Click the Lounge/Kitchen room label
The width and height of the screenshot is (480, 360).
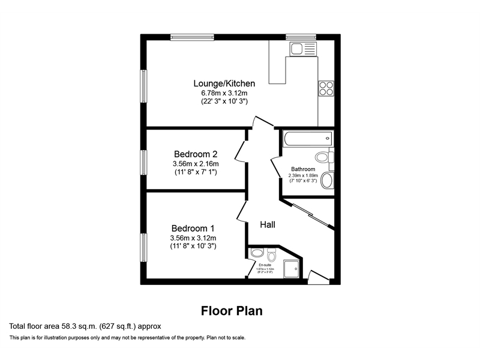pyautogui.click(x=224, y=83)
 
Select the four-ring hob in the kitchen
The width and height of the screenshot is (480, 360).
pyautogui.click(x=326, y=89)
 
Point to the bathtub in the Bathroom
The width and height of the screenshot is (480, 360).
pyautogui.click(x=307, y=138)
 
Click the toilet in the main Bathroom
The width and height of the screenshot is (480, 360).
pyautogui.click(x=325, y=158)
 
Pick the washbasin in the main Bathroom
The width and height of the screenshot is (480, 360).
pyautogui.click(x=328, y=180)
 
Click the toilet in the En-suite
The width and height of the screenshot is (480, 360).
pyautogui.click(x=256, y=253)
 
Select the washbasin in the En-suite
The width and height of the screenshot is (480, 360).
pyautogui.click(x=271, y=251)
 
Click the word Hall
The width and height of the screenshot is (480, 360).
pyautogui.click(x=268, y=224)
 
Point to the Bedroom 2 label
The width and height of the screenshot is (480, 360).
pyautogui.click(x=196, y=154)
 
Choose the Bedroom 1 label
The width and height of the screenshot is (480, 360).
pyautogui.click(x=193, y=228)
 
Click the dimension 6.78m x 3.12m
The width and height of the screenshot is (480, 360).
pyautogui.click(x=224, y=93)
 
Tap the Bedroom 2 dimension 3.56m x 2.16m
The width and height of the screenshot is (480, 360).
pyautogui.click(x=196, y=164)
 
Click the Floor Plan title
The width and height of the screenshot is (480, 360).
pyautogui.click(x=232, y=311)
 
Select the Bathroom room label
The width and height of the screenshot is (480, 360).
pyautogui.click(x=303, y=169)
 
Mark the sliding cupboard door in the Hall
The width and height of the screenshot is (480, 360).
pyautogui.click(x=313, y=215)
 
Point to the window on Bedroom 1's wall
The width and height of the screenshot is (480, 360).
pyautogui.click(x=143, y=247)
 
